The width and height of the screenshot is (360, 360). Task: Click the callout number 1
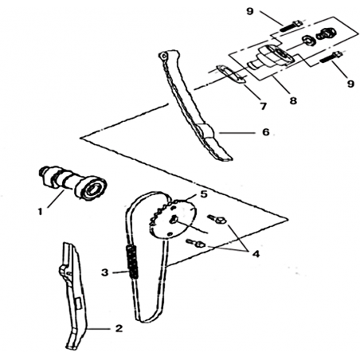(40, 212)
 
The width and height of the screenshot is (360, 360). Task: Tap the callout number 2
(119, 328)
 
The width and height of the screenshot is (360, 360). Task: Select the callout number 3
(105, 272)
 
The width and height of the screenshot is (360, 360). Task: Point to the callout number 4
(256, 254)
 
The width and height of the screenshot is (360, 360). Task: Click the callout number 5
(203, 194)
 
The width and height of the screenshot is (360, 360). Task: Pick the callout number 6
(266, 132)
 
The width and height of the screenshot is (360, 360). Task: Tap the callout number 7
(263, 106)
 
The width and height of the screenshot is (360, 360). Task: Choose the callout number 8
(293, 100)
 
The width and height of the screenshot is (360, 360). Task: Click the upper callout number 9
(250, 11)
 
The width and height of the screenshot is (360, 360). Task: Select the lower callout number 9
(350, 84)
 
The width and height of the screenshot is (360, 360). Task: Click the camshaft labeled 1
(73, 182)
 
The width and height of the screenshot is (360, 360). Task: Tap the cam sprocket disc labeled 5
(175, 217)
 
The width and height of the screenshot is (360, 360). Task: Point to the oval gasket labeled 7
(230, 75)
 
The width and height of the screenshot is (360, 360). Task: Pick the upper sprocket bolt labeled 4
(217, 219)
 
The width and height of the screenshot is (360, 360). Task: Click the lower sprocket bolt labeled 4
(196, 243)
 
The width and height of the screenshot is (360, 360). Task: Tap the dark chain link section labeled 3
(132, 261)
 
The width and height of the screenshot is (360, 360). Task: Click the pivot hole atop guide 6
(164, 57)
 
